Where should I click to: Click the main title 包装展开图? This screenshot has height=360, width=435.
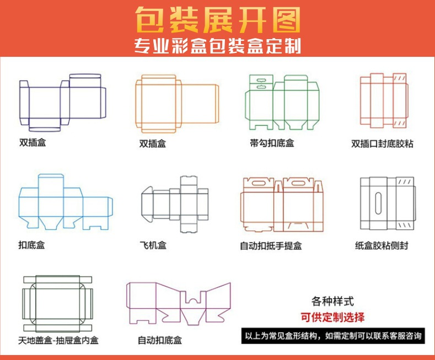tap(218, 20)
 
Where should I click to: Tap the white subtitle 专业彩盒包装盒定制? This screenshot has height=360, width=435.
tap(217, 46)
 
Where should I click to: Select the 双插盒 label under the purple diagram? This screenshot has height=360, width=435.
tap(33, 143)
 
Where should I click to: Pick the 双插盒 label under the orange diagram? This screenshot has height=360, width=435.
tap(153, 143)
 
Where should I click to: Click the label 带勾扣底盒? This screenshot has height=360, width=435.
tap(272, 143)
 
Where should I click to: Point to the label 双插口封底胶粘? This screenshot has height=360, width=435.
tap(382, 144)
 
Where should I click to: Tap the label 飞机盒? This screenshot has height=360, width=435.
tap(153, 245)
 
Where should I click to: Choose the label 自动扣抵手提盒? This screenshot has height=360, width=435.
tap(271, 246)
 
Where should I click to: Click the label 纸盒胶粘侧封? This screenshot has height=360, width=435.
tap(382, 245)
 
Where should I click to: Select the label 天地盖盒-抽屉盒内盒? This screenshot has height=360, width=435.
tap(58, 340)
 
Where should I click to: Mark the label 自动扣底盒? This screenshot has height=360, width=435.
tap(160, 340)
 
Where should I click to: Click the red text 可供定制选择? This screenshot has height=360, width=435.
tap(332, 317)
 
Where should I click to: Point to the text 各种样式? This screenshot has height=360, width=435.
tap(332, 301)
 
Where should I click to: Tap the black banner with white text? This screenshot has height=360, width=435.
tap(333, 336)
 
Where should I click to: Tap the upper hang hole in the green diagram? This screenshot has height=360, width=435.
tap(261, 80)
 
